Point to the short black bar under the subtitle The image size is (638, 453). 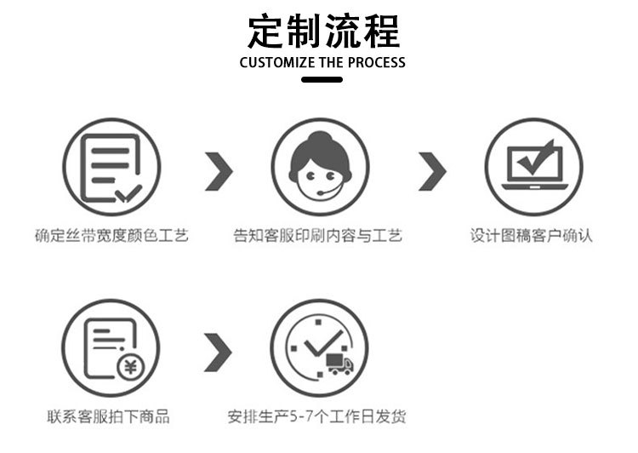(x=322, y=79)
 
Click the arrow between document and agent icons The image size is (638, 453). (x=219, y=173)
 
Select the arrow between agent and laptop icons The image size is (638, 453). (x=432, y=173)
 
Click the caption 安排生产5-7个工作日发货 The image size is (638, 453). (x=317, y=416)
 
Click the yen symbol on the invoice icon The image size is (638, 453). (x=130, y=368)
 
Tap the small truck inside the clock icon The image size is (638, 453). (x=339, y=364)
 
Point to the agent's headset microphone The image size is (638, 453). (x=319, y=193)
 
